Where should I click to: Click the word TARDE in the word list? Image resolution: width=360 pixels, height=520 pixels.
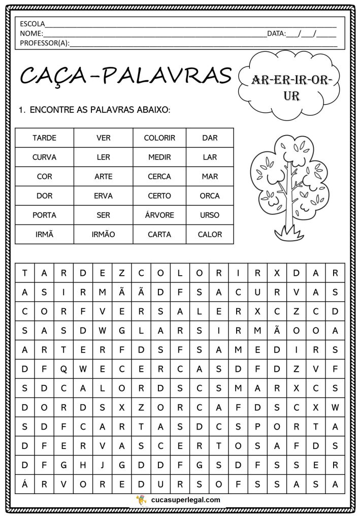click(44, 138)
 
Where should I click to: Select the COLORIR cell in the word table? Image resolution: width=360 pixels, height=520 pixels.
click(159, 138)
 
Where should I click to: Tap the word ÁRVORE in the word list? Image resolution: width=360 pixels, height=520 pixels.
click(159, 215)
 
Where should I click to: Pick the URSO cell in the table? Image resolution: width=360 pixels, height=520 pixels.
click(210, 215)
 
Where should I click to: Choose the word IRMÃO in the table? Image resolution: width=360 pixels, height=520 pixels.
click(103, 234)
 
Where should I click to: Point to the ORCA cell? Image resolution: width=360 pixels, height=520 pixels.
click(210, 196)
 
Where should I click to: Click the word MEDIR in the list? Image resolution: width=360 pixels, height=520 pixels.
click(159, 157)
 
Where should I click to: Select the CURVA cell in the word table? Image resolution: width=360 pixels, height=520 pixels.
click(44, 157)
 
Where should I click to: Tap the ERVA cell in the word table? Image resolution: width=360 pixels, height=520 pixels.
click(103, 196)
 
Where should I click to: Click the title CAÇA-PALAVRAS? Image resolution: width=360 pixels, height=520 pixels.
click(125, 76)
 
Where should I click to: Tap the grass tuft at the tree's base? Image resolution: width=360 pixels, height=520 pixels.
click(289, 234)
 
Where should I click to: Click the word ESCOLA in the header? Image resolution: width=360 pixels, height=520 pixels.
click(32, 24)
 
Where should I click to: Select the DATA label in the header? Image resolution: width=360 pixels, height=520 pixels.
click(276, 34)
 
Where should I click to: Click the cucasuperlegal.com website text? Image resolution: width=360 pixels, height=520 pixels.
click(186, 500)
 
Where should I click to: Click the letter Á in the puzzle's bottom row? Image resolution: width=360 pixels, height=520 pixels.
click(24, 484)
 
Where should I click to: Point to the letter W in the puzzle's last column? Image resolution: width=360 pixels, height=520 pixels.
click(335, 407)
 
